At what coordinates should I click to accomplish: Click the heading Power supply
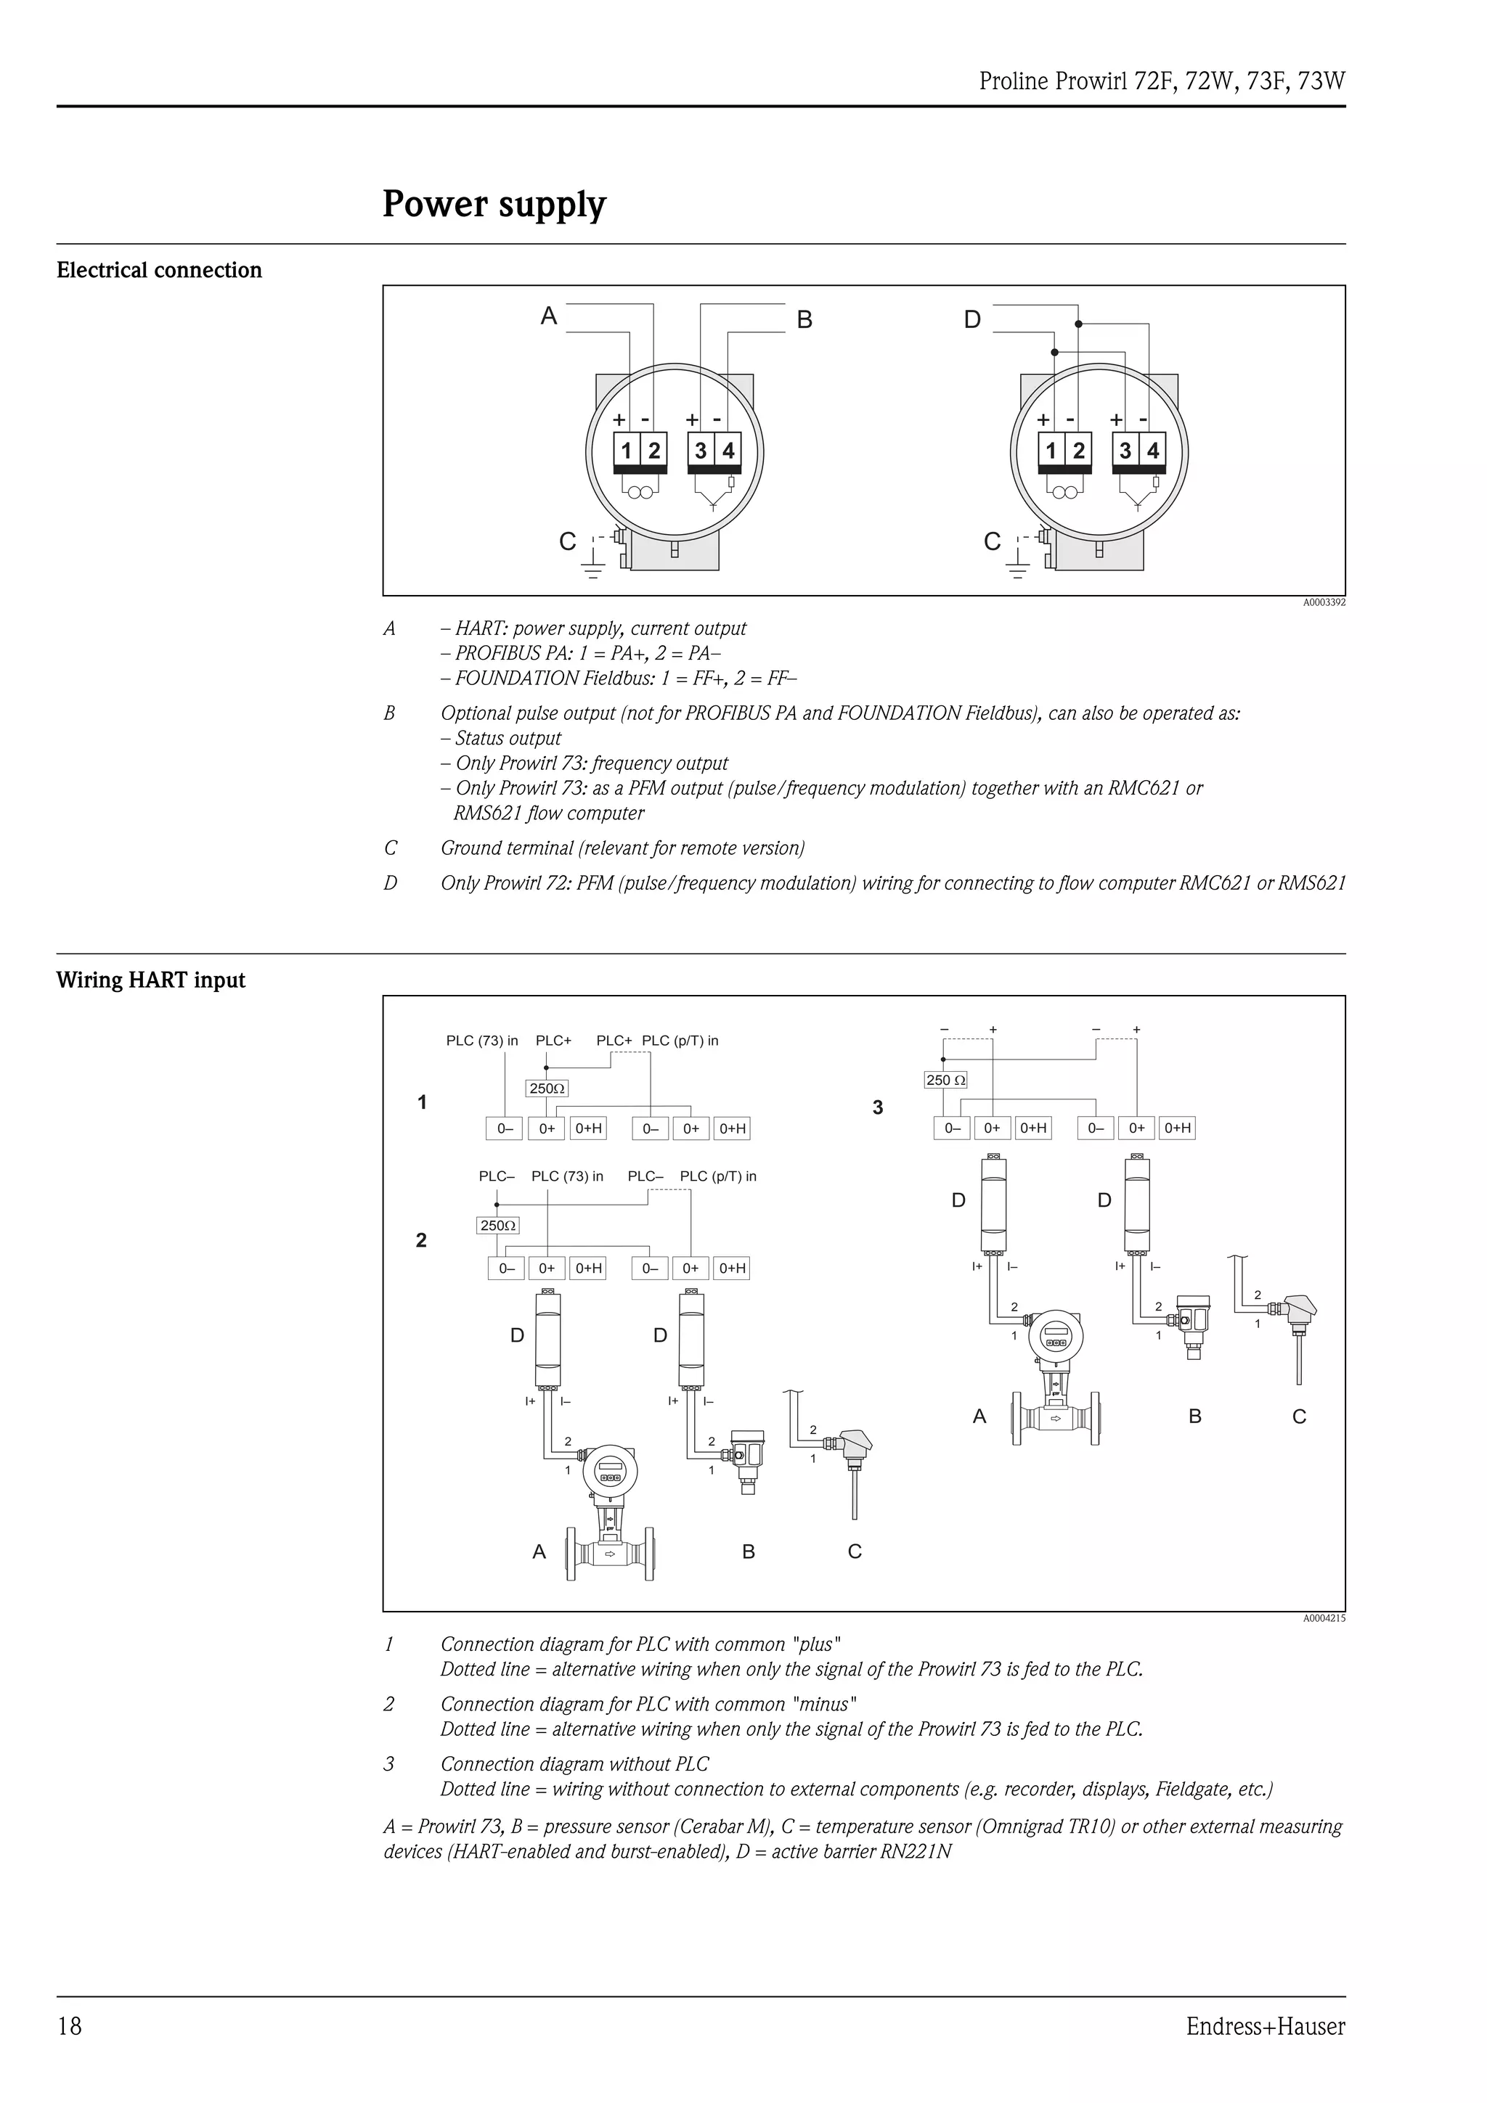click(x=494, y=204)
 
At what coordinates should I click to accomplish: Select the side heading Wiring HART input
click(x=150, y=980)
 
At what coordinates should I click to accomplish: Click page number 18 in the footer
click(x=70, y=2026)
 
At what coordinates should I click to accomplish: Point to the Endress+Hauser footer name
click(x=1266, y=2026)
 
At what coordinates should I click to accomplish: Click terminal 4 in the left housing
click(x=728, y=451)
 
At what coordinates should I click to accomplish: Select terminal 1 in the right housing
click(x=1051, y=451)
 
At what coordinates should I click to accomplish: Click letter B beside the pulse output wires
click(x=804, y=320)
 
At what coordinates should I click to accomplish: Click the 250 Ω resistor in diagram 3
click(x=945, y=1080)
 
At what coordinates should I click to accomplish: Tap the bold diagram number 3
click(x=878, y=1107)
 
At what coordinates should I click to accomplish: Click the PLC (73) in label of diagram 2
click(x=567, y=1176)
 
